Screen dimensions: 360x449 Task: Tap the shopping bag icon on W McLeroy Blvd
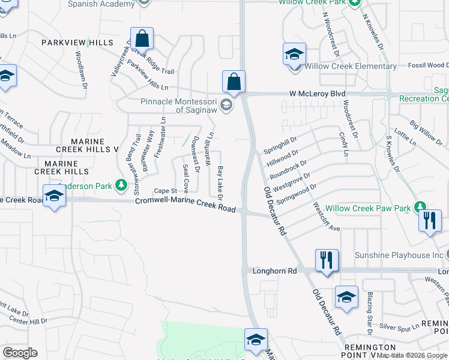point(234,81)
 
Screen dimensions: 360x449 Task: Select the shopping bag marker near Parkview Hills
point(143,39)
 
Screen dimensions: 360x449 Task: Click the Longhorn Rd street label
point(274,271)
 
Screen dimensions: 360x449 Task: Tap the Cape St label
point(164,190)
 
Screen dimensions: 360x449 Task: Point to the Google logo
point(20,353)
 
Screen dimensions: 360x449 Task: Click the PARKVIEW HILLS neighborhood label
point(77,43)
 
